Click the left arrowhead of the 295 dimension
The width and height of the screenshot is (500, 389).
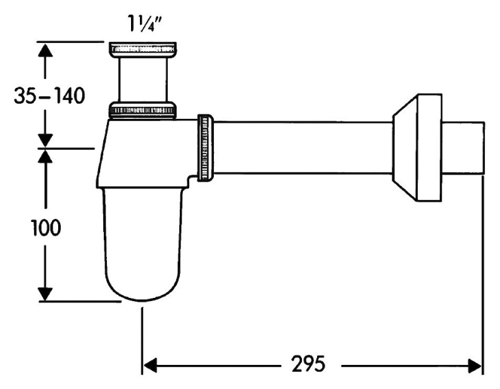pyautogui.click(x=151, y=364)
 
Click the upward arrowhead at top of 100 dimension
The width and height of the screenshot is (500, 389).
pyautogui.click(x=44, y=158)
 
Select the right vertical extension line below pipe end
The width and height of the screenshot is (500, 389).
pyautogui.click(x=484, y=272)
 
